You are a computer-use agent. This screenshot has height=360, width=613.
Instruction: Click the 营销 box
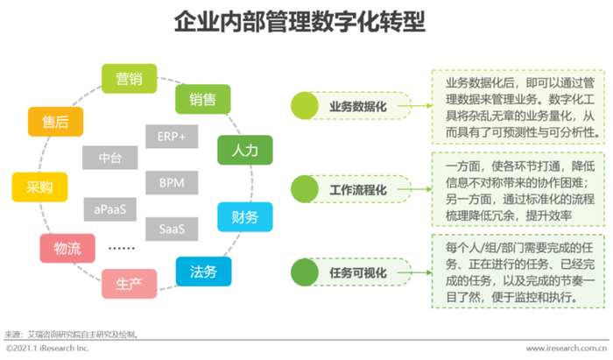129,79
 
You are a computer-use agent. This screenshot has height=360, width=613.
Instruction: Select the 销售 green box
202,99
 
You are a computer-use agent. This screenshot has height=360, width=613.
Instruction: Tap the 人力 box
244,150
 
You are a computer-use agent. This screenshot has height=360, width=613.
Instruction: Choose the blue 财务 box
244,217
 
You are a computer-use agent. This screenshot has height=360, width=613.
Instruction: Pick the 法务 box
203,272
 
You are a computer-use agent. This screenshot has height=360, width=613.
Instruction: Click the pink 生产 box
129,284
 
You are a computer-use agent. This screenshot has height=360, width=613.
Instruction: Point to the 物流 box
67,248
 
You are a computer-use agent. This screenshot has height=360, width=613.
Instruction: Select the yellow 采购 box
39,187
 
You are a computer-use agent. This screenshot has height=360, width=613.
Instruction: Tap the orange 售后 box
55,122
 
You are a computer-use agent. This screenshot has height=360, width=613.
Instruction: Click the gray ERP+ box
172,137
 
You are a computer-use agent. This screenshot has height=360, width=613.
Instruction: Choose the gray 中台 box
109,158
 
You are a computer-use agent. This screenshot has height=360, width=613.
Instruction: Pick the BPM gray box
172,182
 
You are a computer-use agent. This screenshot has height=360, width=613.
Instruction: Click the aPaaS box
109,209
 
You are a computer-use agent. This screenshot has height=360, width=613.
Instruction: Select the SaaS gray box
172,229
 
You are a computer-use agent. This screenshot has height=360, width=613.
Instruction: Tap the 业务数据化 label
357,106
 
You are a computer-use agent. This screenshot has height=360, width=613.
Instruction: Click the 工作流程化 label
357,189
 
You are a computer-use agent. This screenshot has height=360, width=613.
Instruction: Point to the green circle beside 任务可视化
305,272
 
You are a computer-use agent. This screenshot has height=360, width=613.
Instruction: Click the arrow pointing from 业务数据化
414,106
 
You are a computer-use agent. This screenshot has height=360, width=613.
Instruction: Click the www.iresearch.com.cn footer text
567,348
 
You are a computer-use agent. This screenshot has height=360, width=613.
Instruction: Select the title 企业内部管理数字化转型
299,22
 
